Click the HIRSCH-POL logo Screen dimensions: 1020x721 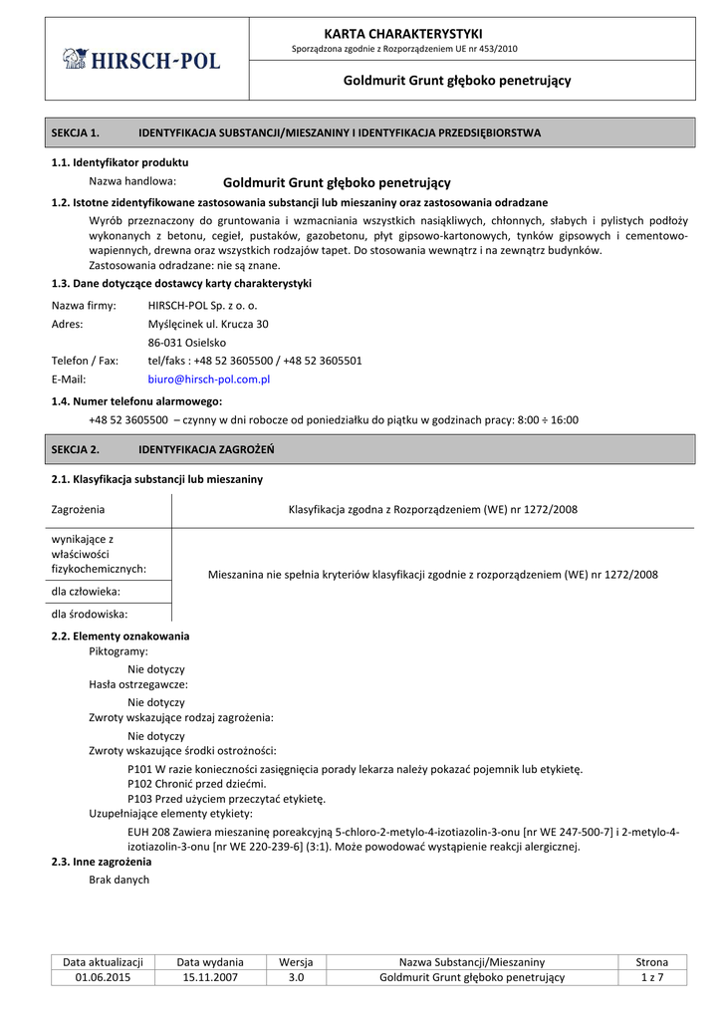click(x=141, y=60)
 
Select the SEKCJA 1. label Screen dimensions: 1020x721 click(x=76, y=131)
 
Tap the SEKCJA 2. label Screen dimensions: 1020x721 click(x=76, y=449)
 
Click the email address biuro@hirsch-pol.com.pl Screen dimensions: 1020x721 click(x=209, y=380)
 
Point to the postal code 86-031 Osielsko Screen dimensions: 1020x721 click(x=186, y=342)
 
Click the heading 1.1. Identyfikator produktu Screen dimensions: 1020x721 click(x=120, y=161)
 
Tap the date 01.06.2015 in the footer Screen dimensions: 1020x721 click(x=103, y=977)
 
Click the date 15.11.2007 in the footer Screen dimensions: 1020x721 click(x=210, y=977)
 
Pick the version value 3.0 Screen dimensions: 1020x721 click(x=296, y=977)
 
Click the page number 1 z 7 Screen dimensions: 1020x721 click(x=652, y=977)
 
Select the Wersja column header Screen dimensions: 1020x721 click(x=296, y=961)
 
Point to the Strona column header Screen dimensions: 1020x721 click(x=652, y=961)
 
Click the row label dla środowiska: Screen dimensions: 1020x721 click(x=90, y=614)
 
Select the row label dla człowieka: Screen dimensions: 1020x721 click(x=85, y=591)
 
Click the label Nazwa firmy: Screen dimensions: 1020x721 click(x=84, y=305)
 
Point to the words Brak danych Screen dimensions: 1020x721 click(x=119, y=880)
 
